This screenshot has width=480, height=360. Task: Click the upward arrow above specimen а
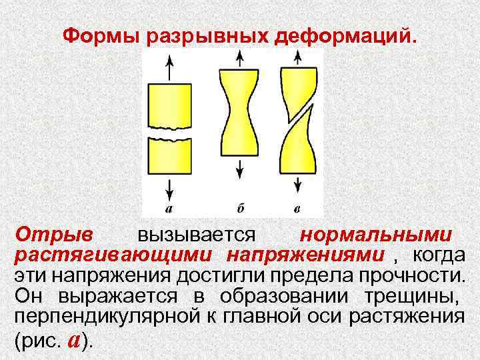point(169,66)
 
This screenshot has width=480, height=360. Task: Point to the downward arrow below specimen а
point(169,187)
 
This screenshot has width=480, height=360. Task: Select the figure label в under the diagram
point(297,209)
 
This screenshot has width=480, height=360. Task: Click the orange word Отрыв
point(55,235)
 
